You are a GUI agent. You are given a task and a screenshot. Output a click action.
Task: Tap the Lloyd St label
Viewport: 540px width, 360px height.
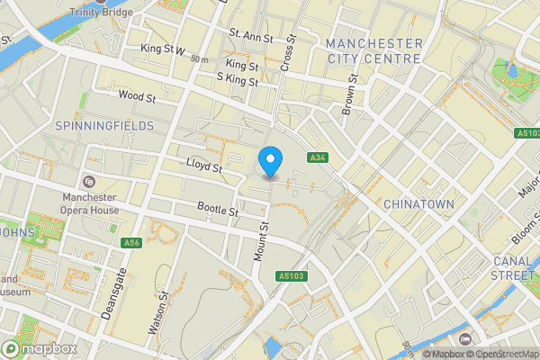click(203, 166)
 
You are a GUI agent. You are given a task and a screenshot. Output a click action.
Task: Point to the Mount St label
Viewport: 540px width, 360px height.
click(262, 242)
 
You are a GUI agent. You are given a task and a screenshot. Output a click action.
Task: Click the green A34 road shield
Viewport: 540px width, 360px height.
click(316, 157)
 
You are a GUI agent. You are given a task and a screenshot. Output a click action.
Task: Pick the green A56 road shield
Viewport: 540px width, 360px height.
click(131, 243)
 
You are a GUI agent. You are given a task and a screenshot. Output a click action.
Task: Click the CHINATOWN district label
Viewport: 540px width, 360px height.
click(418, 204)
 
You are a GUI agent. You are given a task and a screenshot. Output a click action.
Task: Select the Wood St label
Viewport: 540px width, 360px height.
click(137, 94)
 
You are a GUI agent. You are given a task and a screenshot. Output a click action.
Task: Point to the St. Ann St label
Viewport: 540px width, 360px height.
click(250, 36)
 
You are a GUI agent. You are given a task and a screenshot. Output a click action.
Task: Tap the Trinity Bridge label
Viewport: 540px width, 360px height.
click(99, 12)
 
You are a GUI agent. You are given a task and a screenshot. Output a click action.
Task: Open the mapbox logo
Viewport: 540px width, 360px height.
click(40, 348)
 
